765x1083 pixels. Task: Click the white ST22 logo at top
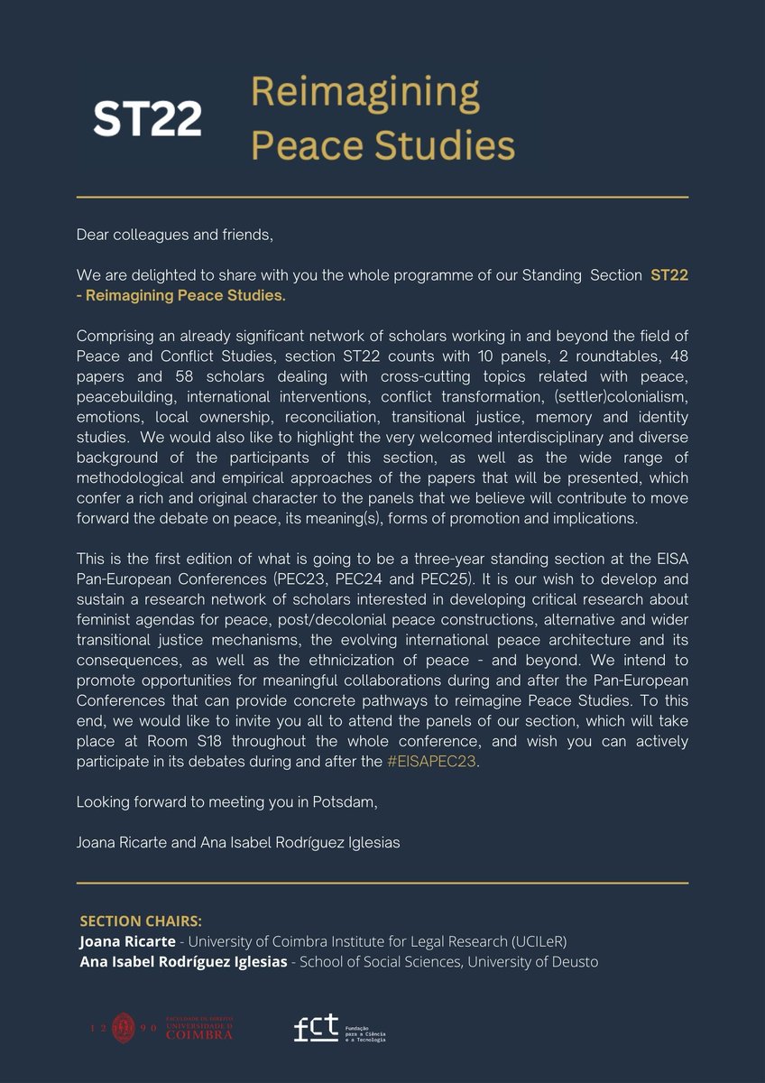coord(147,119)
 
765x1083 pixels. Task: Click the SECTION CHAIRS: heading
coord(142,921)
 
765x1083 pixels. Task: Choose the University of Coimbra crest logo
coord(124,1028)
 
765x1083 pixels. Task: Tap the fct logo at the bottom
coord(316,1027)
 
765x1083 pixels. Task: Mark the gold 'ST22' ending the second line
coord(668,275)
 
